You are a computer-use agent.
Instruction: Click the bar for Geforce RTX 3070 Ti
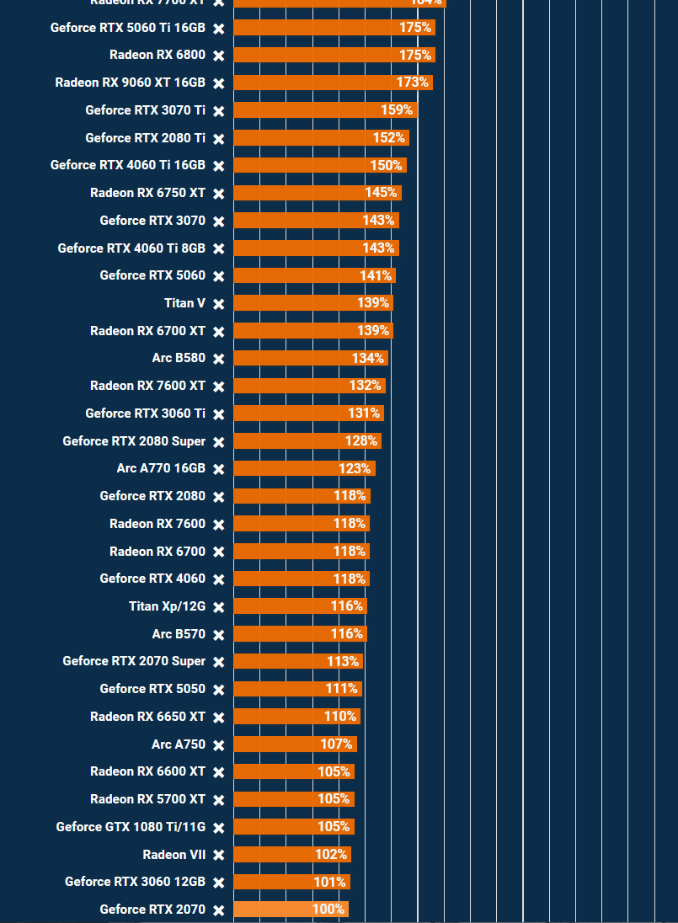click(325, 110)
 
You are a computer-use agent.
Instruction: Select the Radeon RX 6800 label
click(157, 55)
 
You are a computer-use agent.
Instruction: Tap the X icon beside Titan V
click(219, 304)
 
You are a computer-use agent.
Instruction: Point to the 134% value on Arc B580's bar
click(368, 358)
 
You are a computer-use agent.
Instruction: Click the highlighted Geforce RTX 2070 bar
click(291, 910)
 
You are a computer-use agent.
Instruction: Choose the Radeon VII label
click(174, 855)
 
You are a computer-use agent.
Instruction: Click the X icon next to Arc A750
click(219, 745)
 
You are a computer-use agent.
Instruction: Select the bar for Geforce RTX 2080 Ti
click(321, 138)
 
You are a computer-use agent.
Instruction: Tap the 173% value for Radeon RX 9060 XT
click(413, 83)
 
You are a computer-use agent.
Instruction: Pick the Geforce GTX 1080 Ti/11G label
click(131, 827)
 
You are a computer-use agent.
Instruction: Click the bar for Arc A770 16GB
click(304, 468)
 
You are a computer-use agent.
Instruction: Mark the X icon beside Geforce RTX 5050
click(219, 690)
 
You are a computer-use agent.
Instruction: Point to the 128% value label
click(361, 441)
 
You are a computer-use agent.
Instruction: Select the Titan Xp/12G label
click(167, 606)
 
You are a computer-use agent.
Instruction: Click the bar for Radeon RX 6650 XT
click(296, 717)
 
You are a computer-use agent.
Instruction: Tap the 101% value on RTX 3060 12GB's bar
click(329, 882)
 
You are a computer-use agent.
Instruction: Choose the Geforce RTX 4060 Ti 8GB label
click(131, 248)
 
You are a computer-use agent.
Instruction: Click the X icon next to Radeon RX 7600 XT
click(219, 387)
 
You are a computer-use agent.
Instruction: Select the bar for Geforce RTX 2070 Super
click(298, 662)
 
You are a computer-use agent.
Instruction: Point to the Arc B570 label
click(179, 634)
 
